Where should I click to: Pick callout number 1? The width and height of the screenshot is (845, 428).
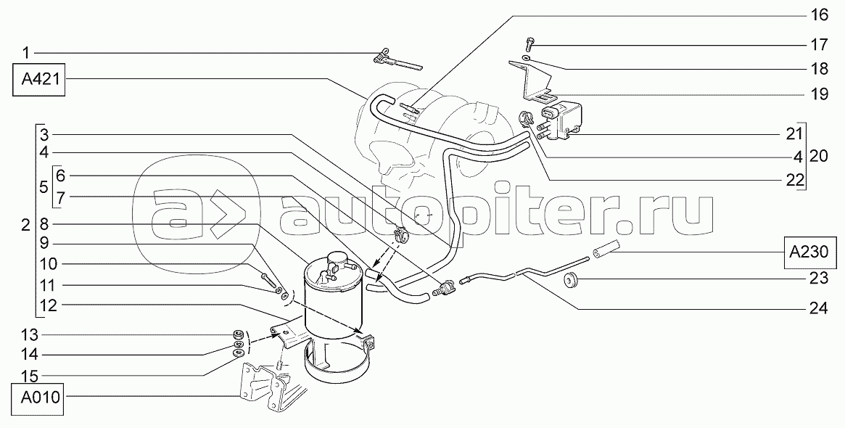click(26, 52)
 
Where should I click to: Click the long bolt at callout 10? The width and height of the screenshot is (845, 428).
click(268, 278)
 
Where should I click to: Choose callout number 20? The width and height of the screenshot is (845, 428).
click(819, 156)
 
